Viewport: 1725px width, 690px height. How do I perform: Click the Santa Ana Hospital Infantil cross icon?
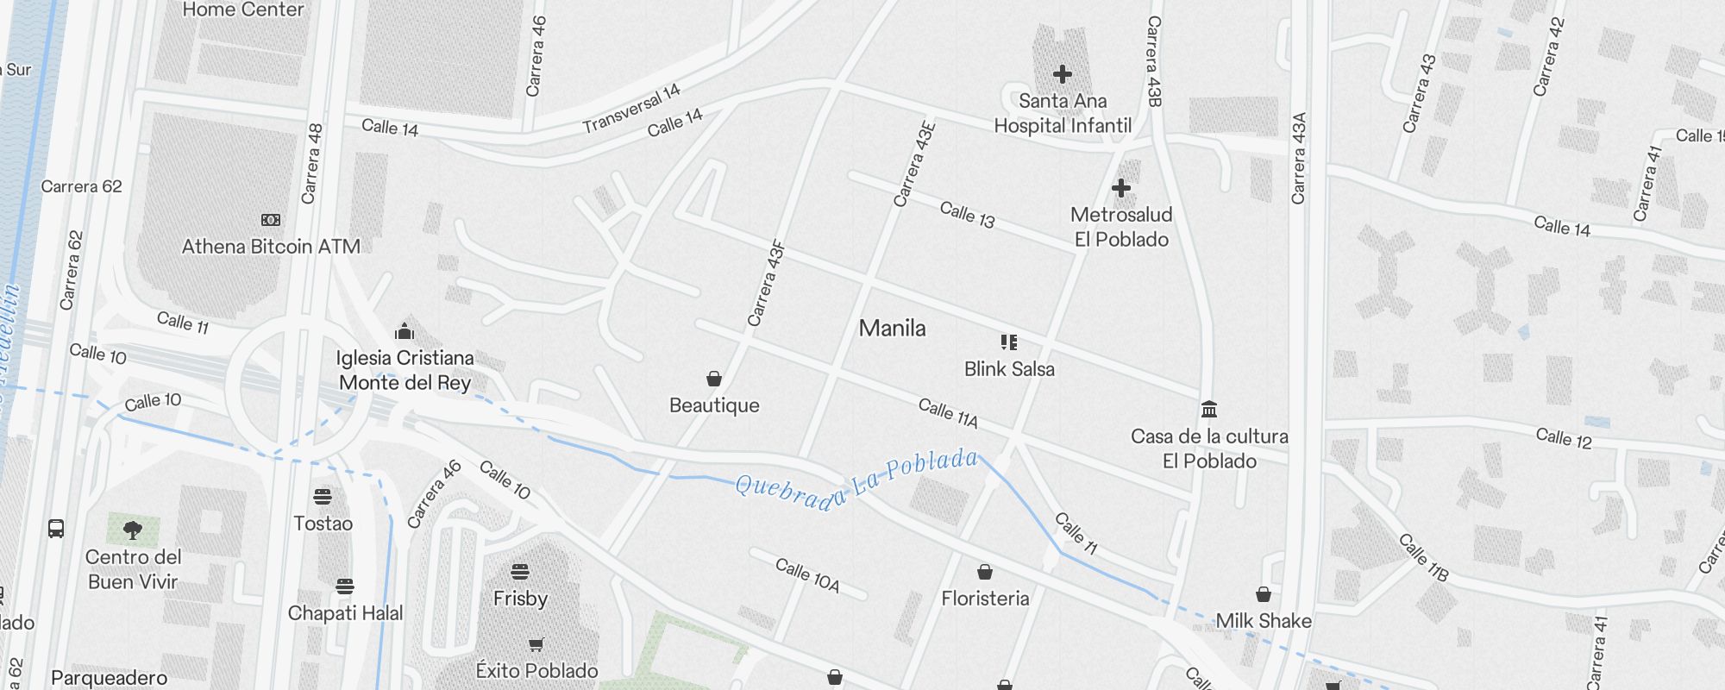coord(1063,74)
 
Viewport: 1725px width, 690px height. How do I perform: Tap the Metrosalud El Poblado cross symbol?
coord(1121,188)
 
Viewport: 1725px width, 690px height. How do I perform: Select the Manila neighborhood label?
coord(892,329)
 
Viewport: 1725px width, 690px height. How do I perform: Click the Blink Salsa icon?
coord(1009,342)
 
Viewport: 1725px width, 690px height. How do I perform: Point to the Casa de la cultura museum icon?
coord(1209,409)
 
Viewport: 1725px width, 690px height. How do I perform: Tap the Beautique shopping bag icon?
coord(714,379)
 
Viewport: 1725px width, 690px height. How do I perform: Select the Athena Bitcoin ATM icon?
coord(271,220)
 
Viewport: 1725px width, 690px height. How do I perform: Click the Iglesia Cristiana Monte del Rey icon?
coord(405,331)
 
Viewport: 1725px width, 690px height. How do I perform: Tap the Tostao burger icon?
coord(323,497)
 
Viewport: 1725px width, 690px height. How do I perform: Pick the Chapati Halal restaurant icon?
coord(345,586)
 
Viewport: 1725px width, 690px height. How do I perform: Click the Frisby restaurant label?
coord(520,599)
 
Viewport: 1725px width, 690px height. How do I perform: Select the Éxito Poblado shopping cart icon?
coord(536,644)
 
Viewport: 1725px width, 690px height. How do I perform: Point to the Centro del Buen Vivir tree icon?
coord(133,530)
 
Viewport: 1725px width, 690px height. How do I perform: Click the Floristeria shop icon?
coord(985,572)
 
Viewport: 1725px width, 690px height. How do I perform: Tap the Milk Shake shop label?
coord(1264,621)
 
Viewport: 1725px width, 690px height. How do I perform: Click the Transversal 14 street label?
coord(631,108)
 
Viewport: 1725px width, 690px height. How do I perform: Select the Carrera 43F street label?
coord(766,284)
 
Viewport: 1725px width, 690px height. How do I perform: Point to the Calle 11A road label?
coord(948,413)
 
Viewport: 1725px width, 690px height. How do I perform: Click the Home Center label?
coord(243,10)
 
